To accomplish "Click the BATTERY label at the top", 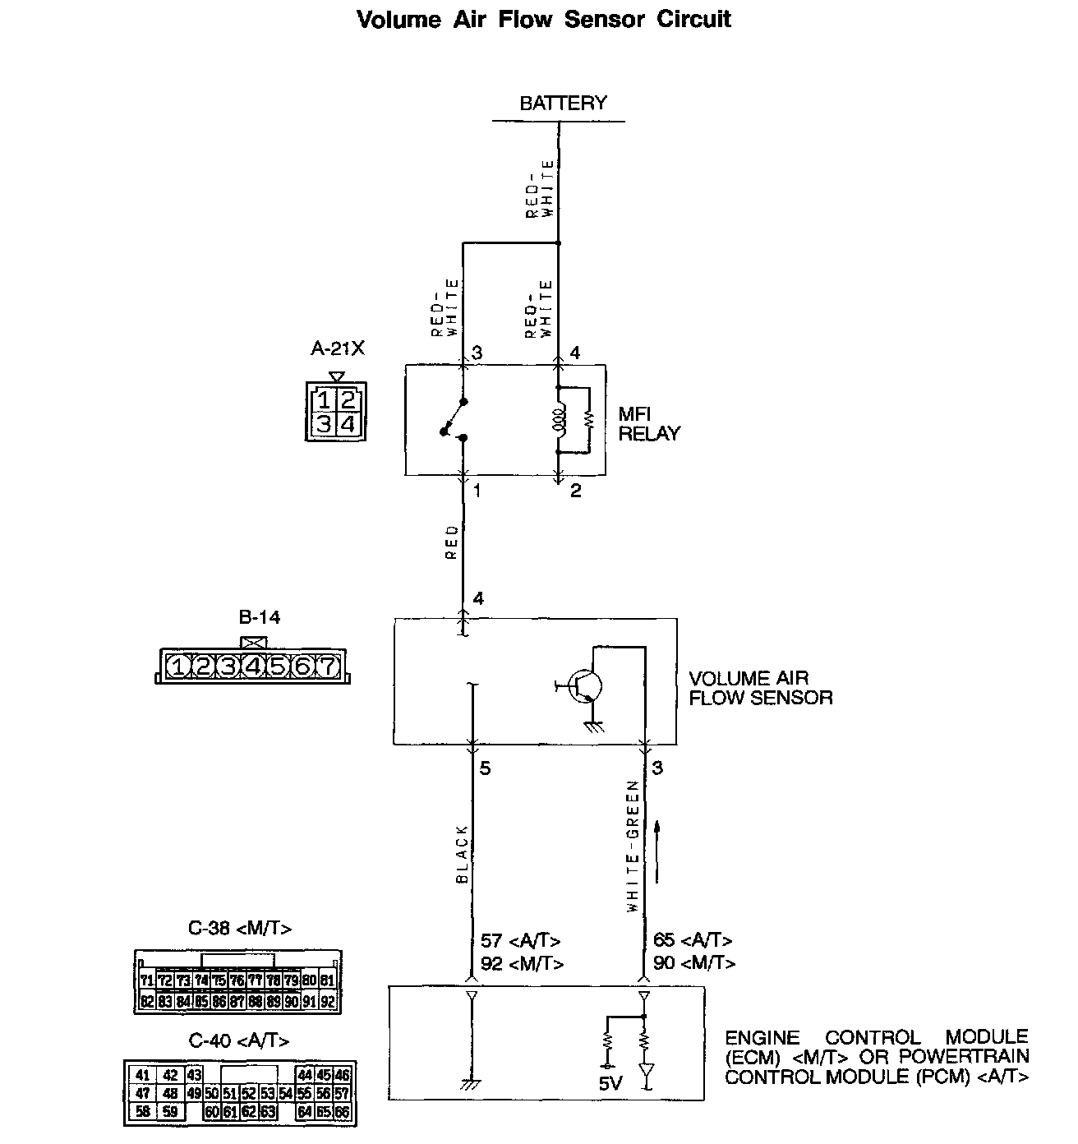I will [563, 104].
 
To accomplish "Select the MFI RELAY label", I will [648, 424].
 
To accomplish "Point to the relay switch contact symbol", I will [454, 420].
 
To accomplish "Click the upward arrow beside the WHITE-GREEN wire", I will [657, 851].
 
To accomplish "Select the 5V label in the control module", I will [610, 1083].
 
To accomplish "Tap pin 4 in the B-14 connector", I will [253, 667].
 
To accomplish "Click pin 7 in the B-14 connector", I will [327, 667].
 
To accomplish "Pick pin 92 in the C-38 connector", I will [328, 1002].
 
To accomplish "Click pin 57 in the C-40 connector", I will [342, 1094].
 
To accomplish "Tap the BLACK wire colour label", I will [462, 854].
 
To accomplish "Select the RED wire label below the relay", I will [452, 542].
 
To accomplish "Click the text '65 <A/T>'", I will [692, 940].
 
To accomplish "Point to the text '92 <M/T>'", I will [522, 963].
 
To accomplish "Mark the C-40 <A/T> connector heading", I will [239, 1041].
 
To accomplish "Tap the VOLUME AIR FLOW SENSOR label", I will [760, 689].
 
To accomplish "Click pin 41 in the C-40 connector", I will [143, 1074].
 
